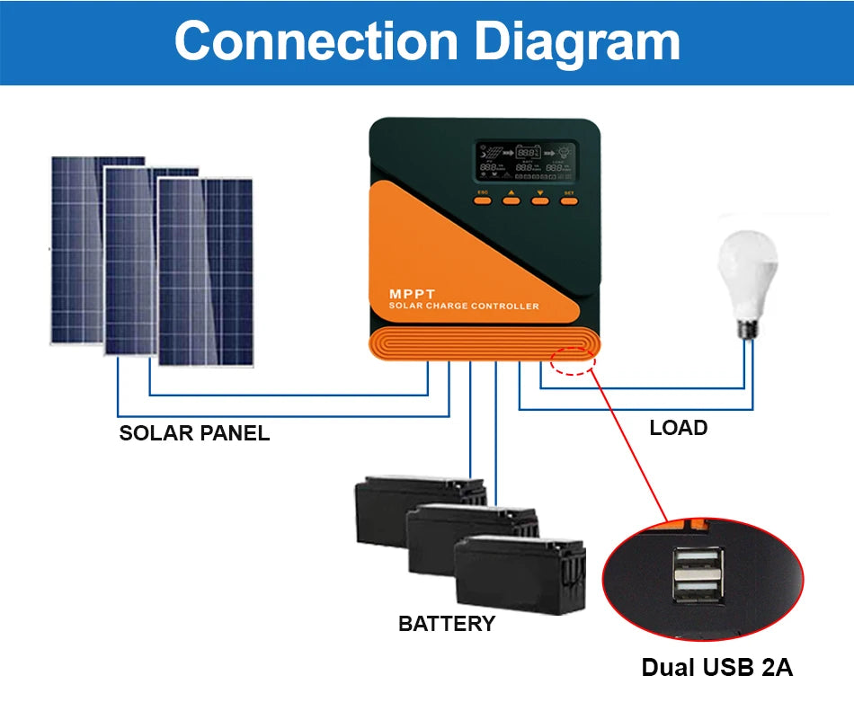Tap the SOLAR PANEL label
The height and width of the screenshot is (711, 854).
coord(194,433)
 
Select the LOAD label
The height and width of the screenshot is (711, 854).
coord(678,428)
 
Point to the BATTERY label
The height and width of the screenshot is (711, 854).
coord(446,624)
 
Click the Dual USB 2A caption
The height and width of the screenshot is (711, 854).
coord(716,668)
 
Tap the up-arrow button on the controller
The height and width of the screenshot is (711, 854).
coord(511,200)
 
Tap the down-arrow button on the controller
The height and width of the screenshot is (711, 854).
coord(539,200)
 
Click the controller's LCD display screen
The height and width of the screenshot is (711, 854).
coord(527,160)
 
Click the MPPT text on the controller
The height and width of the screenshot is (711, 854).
coord(412,294)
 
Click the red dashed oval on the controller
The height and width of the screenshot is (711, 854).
coord(574,358)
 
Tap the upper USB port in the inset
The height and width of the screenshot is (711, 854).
coord(697,564)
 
